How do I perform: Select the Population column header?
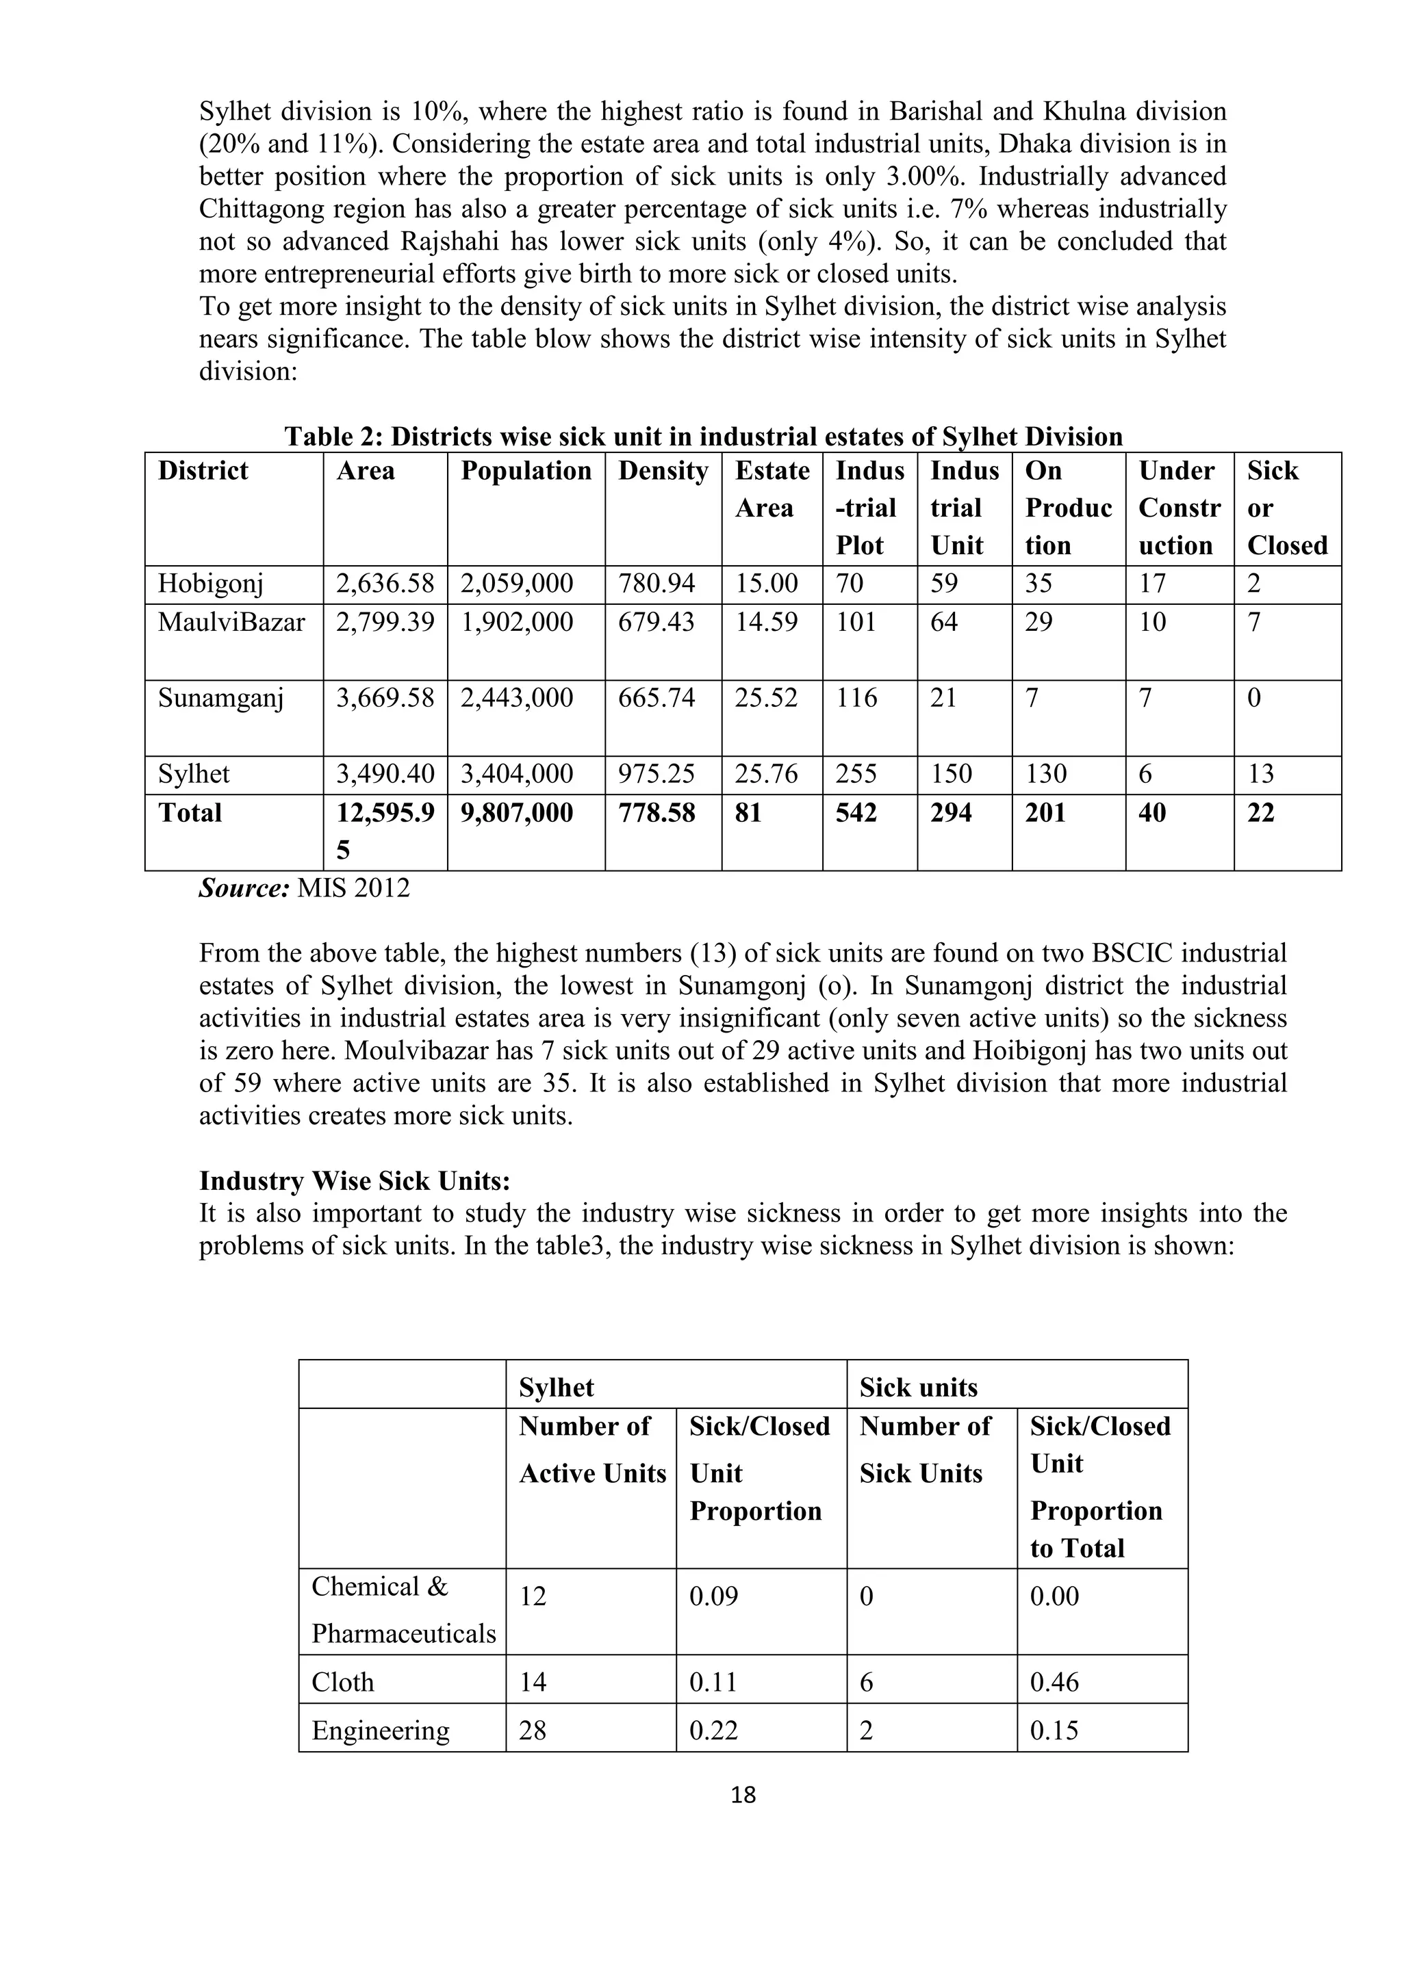point(525,471)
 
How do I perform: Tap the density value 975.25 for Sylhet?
point(656,774)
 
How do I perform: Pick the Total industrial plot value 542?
point(856,814)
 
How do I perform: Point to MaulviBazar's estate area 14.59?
point(766,623)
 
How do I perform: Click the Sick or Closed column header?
point(1286,508)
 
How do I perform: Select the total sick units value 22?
point(1260,814)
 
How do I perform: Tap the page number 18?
point(743,1796)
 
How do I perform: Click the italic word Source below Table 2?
point(244,889)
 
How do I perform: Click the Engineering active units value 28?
point(533,1731)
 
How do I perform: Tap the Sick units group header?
point(918,1388)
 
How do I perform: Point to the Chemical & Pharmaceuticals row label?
point(403,1610)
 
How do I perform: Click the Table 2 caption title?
point(703,437)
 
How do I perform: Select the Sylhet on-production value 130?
point(1046,774)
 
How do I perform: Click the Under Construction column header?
point(1179,508)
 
